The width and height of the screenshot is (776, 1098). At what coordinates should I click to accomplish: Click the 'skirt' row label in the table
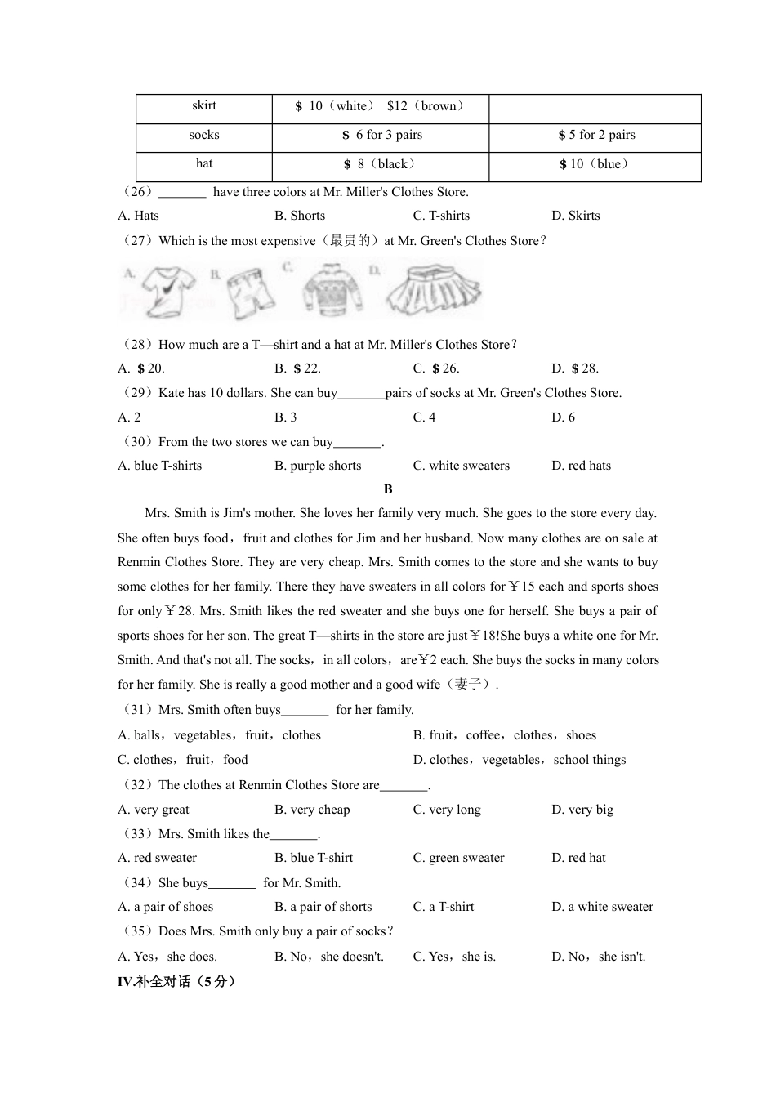coord(204,105)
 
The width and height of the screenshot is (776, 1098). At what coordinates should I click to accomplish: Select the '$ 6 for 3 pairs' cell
coord(381,135)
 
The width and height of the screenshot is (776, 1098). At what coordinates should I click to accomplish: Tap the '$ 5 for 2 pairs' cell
coord(596,135)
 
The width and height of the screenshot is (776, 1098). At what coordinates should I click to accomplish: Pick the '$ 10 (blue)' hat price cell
coord(595,164)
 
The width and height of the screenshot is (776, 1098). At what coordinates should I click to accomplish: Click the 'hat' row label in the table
coord(204,163)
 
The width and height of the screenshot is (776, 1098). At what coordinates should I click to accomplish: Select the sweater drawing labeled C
coord(332,290)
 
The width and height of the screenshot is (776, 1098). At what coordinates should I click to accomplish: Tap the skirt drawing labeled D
coord(434,289)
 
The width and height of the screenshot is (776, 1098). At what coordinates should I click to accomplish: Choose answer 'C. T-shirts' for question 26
coord(441,216)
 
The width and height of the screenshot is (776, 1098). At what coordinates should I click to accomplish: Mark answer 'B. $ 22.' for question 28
coord(297,368)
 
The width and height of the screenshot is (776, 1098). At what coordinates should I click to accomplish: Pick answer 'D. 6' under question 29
coord(563,417)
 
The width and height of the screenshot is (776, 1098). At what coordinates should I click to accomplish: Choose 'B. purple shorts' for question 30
coord(318,466)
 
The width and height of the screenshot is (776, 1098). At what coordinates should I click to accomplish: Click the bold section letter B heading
coord(388,489)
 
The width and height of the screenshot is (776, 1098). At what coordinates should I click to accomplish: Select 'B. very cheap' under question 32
coord(312,810)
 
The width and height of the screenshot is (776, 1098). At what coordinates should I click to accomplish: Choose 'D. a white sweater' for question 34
coord(602,907)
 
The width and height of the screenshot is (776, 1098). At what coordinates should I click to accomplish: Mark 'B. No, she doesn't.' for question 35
coord(328,957)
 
